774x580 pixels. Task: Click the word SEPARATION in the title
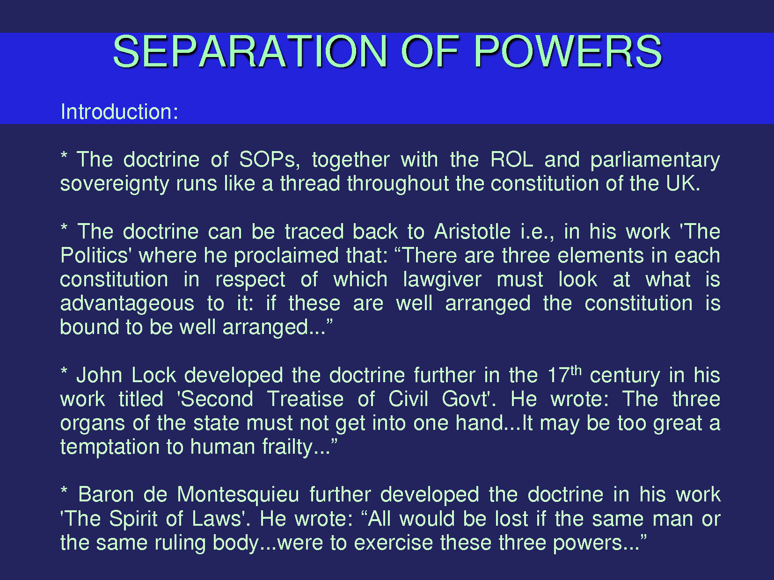click(250, 51)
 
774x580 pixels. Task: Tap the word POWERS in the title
click(568, 51)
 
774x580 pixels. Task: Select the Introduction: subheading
click(119, 112)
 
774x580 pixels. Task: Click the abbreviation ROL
click(511, 159)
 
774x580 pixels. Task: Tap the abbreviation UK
click(683, 183)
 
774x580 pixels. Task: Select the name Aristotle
click(472, 232)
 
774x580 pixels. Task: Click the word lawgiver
click(442, 280)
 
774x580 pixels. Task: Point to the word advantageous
click(127, 304)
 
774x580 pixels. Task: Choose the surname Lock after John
click(154, 375)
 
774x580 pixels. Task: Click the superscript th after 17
click(576, 370)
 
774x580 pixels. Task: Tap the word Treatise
click(305, 399)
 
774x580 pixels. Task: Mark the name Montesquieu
click(238, 495)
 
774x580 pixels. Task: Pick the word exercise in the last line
click(393, 543)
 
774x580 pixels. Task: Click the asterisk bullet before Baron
click(64, 490)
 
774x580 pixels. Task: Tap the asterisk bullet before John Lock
click(64, 371)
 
